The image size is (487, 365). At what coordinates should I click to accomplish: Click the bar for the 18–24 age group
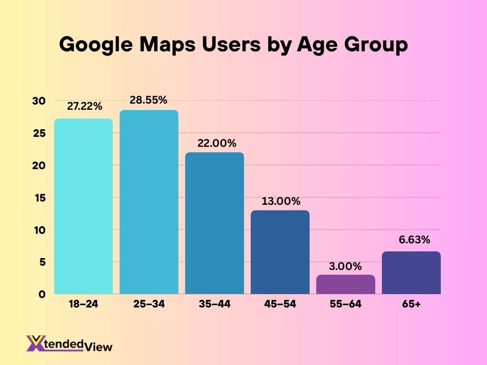coord(83,206)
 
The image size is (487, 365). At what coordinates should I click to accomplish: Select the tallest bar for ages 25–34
coord(149,202)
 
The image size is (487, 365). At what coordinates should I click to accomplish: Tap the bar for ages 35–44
coord(214,223)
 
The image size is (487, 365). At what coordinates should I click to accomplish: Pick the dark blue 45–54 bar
coord(280,252)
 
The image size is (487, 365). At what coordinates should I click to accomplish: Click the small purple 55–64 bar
coord(346,284)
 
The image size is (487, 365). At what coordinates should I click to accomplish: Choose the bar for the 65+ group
coord(411,273)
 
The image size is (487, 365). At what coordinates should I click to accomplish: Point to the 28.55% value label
coord(149,100)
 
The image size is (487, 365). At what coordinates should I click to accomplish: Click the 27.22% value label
coord(85,106)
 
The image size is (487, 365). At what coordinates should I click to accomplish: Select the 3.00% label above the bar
coord(346,266)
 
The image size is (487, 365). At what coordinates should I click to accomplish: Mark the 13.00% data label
coord(280,201)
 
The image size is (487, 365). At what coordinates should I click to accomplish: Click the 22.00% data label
coord(214,143)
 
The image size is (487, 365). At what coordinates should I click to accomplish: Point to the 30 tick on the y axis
coord(39,101)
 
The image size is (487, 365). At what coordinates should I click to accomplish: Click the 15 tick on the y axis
coord(39,198)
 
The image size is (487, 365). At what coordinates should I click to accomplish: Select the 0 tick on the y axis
coord(42,294)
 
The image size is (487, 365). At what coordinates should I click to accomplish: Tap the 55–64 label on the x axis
coord(346,305)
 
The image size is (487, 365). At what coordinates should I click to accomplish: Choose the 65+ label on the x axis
coord(411,305)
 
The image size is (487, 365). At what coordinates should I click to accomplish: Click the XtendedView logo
coord(69,344)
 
